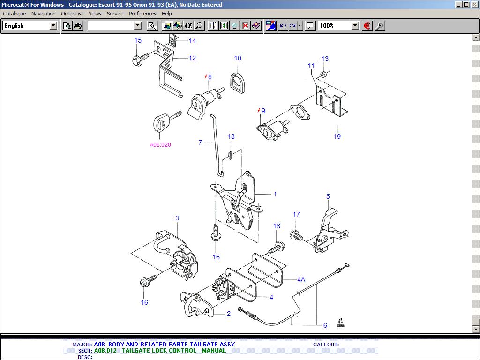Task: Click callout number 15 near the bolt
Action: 138,41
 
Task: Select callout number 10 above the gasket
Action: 238,59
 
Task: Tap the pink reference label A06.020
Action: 160,145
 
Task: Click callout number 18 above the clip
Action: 231,137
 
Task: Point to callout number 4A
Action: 301,279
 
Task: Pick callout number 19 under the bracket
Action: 337,136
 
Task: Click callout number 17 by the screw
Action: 296,215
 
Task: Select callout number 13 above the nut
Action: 325,59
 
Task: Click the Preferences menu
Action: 142,14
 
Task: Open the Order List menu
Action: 72,14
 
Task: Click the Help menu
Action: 167,14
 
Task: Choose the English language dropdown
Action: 30,26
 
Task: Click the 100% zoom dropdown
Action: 338,26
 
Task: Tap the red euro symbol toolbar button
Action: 367,26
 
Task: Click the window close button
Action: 474,4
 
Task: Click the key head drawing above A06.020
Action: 161,123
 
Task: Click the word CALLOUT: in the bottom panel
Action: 326,345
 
